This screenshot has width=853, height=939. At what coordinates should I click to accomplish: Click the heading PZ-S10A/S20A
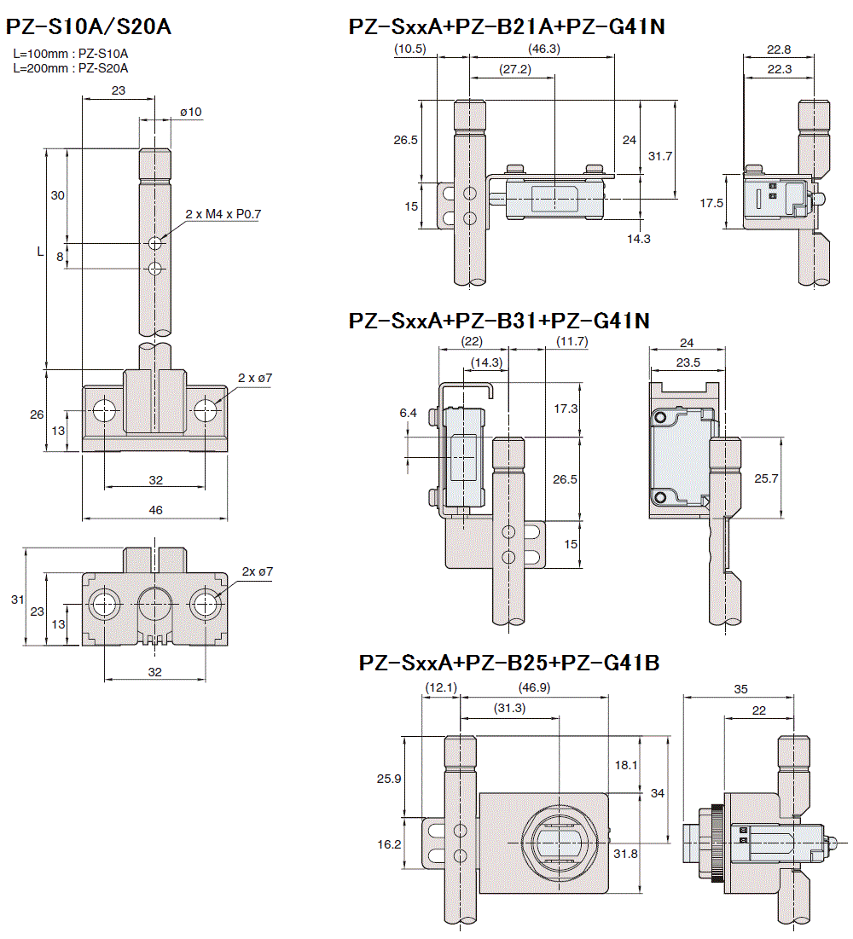click(89, 26)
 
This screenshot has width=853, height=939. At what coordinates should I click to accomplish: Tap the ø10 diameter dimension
click(191, 112)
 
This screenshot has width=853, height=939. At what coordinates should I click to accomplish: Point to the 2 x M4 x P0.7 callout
click(223, 214)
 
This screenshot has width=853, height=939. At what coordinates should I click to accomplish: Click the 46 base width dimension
click(155, 509)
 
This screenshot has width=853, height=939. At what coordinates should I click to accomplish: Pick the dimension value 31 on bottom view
click(17, 600)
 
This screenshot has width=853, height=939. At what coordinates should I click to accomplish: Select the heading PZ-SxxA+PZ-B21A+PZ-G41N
click(507, 27)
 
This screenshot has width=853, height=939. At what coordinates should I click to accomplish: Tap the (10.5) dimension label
click(410, 49)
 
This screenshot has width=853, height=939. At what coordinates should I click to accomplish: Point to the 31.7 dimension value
click(660, 156)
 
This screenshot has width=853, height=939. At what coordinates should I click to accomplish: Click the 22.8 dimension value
click(778, 49)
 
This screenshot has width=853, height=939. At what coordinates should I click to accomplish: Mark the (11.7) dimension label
click(571, 341)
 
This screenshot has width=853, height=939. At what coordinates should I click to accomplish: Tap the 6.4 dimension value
click(408, 413)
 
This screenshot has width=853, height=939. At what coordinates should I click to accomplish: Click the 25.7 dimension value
click(767, 478)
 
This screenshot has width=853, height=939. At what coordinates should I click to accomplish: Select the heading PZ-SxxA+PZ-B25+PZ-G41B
click(508, 663)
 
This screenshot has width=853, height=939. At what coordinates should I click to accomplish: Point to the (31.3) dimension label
click(510, 707)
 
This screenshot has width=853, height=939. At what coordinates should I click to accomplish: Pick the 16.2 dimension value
click(388, 844)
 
